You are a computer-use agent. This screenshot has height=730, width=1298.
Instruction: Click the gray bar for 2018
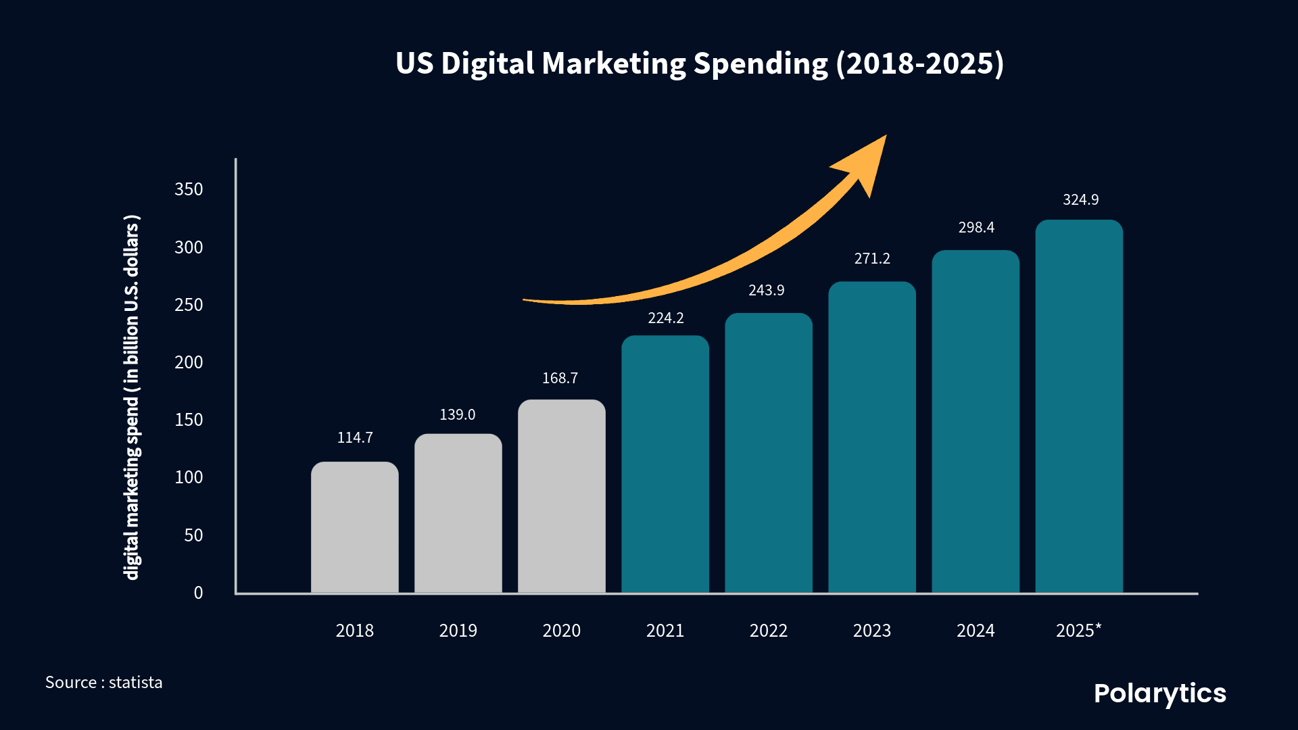(x=354, y=527)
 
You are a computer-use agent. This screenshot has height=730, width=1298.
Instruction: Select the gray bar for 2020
(x=561, y=497)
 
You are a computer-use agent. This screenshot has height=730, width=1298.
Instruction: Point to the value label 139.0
(x=458, y=414)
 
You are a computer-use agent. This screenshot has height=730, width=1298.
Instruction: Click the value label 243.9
(x=766, y=290)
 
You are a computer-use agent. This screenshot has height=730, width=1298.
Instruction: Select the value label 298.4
(x=976, y=227)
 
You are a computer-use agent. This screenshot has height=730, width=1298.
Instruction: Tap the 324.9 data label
(x=1080, y=199)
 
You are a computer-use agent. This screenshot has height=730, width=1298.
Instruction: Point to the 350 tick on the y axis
(x=189, y=189)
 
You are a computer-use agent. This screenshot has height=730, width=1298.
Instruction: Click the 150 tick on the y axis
(x=189, y=420)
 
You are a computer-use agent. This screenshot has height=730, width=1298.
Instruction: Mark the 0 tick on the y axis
(x=198, y=593)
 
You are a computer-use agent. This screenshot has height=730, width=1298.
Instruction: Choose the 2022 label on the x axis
(x=768, y=631)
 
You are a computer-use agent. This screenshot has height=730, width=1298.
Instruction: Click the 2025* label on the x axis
(x=1078, y=631)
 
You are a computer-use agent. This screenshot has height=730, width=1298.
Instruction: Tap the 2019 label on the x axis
(x=458, y=631)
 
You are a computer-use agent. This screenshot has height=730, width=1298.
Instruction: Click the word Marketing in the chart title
(x=613, y=64)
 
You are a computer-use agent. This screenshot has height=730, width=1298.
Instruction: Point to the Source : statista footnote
(x=103, y=683)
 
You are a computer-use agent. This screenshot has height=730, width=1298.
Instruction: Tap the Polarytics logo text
(x=1159, y=693)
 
